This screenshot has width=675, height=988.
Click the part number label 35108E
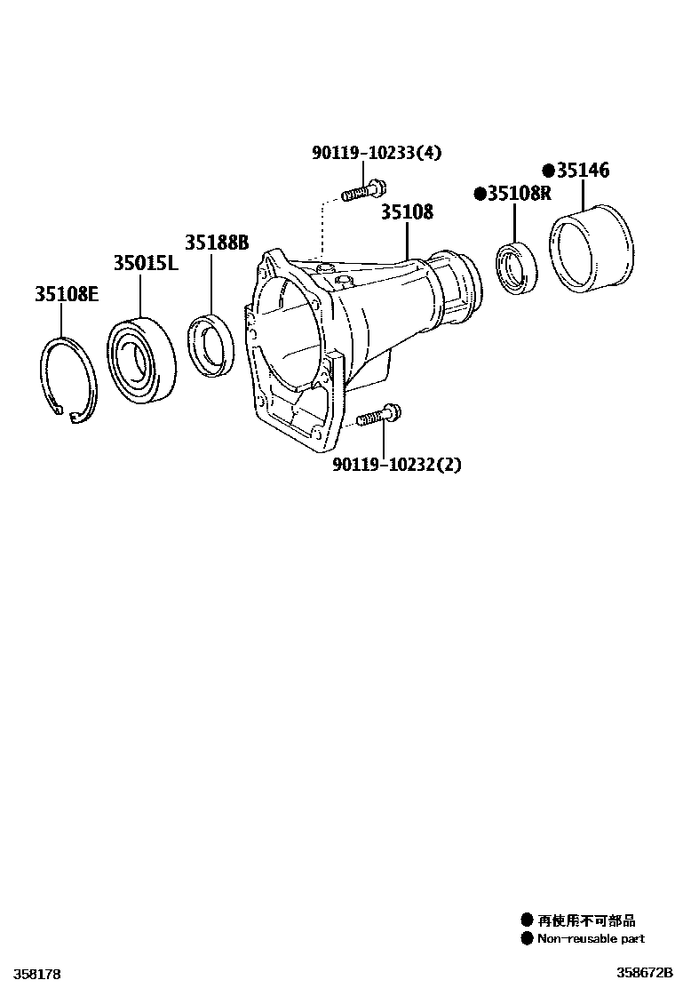click(x=67, y=294)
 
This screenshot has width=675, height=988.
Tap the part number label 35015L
click(x=146, y=264)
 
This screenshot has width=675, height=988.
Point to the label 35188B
click(x=217, y=243)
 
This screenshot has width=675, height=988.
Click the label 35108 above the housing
click(x=407, y=211)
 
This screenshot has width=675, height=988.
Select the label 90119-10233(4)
click(x=377, y=153)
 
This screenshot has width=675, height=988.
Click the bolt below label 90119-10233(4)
click(x=362, y=189)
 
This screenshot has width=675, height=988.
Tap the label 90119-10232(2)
click(x=397, y=465)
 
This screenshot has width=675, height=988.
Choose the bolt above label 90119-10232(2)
click(x=379, y=414)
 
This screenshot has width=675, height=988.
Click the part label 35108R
click(x=520, y=194)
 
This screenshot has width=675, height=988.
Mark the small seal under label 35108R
click(x=515, y=267)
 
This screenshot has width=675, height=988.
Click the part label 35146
click(x=583, y=171)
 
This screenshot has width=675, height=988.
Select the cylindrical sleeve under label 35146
click(x=591, y=249)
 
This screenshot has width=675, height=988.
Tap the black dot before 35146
click(x=548, y=171)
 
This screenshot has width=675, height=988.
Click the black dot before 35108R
click(x=480, y=194)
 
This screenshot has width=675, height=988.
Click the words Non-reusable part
click(x=590, y=938)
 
